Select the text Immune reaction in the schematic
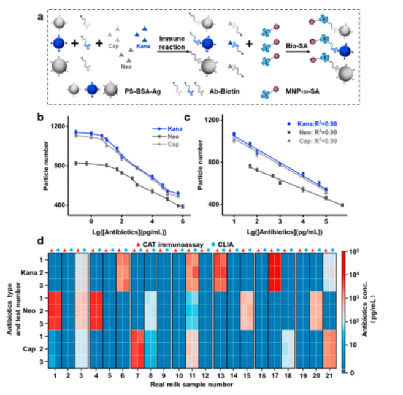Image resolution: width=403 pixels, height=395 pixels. click(x=172, y=42)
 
